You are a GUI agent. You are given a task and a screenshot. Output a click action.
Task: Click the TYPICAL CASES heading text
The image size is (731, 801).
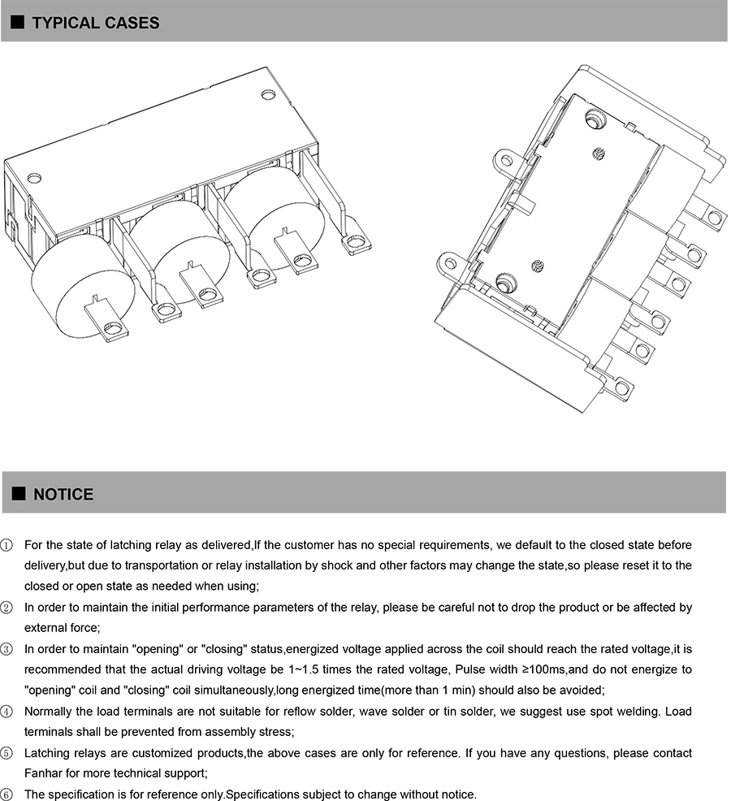(x=95, y=23)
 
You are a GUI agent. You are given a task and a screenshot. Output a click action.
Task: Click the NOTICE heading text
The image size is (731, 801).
(x=63, y=495)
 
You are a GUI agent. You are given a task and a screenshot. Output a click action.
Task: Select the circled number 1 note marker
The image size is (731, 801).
(x=6, y=544)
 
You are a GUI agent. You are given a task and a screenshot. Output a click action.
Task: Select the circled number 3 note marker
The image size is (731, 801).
(x=6, y=649)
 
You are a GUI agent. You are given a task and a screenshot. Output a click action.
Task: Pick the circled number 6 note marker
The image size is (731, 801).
(x=6, y=795)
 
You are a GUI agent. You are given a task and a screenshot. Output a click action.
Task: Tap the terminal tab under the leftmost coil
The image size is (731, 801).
(x=106, y=321)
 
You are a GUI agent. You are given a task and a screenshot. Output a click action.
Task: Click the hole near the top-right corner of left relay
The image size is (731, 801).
(x=268, y=94)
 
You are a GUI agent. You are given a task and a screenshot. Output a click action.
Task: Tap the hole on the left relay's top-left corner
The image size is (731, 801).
(x=34, y=177)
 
